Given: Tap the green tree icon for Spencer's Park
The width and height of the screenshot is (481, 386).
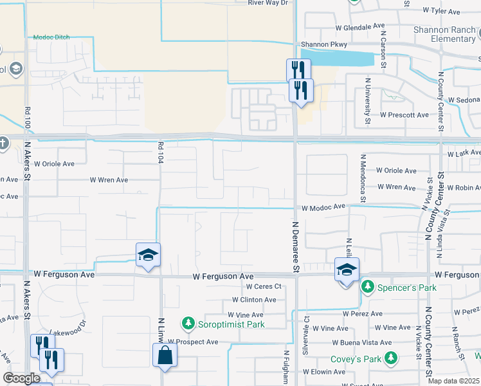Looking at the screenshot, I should click(367, 286).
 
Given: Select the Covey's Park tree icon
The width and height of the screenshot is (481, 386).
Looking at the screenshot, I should click(390, 358).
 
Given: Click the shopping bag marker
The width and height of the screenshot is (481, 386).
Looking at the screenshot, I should click(165, 355).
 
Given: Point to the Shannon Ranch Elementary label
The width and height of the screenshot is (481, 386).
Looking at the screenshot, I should click(444, 34).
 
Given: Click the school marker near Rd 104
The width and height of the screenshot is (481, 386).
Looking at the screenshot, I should click(148, 255).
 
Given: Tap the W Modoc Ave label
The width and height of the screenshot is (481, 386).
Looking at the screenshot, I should click(323, 207).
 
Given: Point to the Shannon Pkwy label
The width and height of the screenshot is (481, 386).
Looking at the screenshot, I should click(319, 44).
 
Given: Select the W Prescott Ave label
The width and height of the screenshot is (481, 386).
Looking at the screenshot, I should click(404, 115).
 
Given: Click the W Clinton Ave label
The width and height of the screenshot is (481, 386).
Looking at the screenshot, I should click(254, 300).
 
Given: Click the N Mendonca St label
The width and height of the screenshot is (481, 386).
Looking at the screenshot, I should click(363, 178).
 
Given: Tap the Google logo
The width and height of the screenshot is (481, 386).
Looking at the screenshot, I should click(22, 378).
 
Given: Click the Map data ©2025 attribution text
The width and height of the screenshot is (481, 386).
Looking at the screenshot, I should click(453, 381).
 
